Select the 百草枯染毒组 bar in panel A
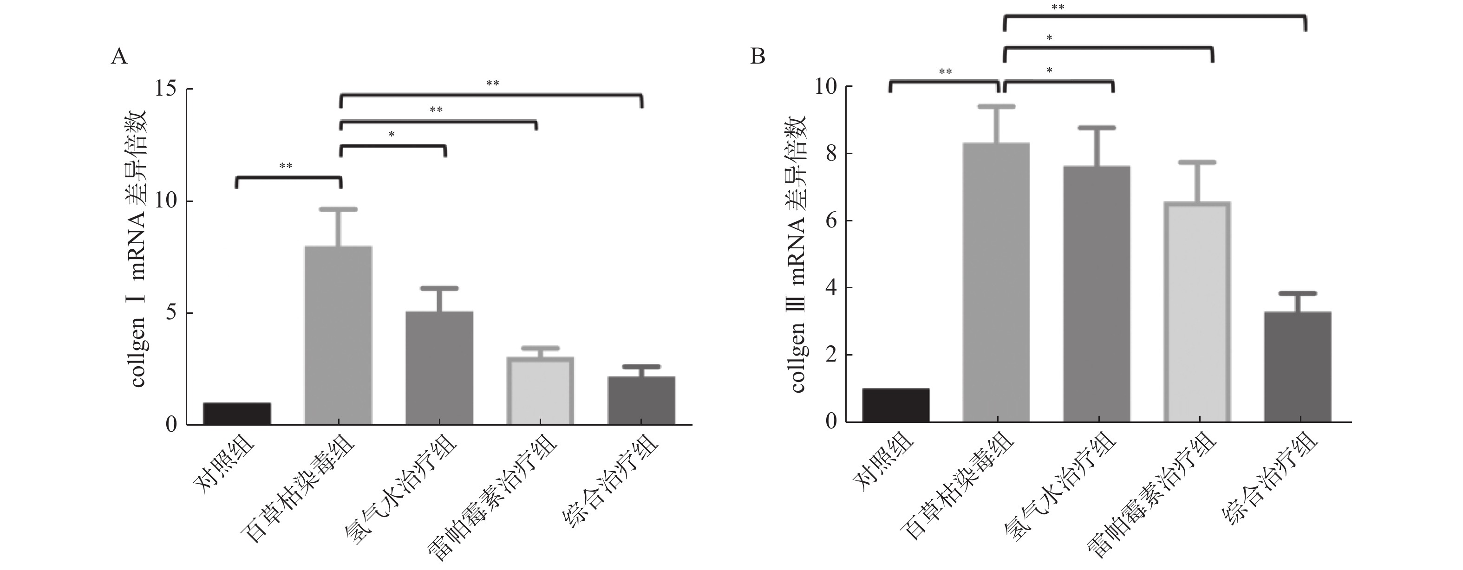[339, 335]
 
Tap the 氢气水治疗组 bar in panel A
[439, 368]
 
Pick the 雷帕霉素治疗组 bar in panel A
[540, 390]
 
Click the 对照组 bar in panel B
[895, 405]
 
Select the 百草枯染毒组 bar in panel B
[997, 282]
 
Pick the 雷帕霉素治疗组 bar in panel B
[1198, 311]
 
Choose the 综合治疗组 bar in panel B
[1298, 366]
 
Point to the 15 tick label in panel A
[165, 89]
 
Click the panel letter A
[119, 56]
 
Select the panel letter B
[758, 56]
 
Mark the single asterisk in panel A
[392, 135]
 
